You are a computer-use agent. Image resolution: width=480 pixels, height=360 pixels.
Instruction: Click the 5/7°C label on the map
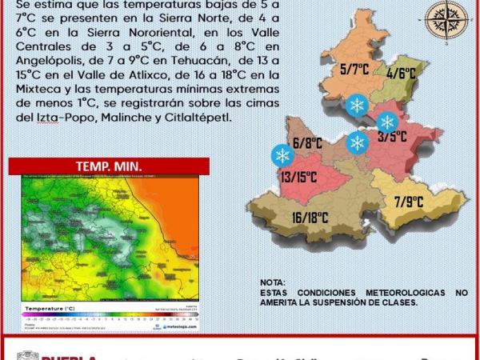point(354,70)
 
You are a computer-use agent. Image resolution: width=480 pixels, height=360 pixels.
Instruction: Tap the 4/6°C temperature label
point(401,73)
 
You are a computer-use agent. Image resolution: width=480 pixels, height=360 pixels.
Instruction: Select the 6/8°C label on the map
point(307,144)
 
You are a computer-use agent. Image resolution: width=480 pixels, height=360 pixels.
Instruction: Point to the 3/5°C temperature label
point(392,136)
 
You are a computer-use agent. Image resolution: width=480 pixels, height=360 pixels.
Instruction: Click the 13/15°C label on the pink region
point(295,177)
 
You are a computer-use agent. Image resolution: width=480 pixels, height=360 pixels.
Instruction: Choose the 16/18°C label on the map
point(310,217)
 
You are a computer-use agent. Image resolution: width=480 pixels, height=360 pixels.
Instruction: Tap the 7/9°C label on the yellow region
point(410,202)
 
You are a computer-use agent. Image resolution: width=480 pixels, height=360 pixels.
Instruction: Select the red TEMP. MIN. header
point(109,166)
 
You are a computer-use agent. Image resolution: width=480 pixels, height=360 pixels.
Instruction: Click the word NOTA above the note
point(272,283)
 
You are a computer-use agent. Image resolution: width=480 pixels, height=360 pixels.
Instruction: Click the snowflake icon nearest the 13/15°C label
point(282,154)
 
